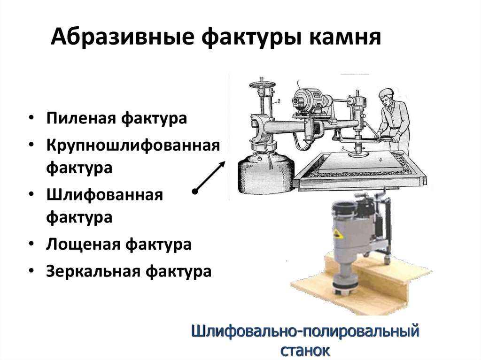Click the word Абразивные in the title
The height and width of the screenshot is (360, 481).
click(123, 37)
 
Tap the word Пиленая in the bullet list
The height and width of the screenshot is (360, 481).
click(81, 118)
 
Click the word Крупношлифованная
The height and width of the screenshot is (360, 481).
click(133, 146)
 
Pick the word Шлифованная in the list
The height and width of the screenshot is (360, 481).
click(105, 195)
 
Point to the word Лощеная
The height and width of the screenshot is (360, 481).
click(83, 245)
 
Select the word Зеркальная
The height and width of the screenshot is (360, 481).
click(93, 271)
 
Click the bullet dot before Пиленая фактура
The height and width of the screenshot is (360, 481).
click(31, 118)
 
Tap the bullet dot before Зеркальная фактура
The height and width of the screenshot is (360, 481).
click(31, 271)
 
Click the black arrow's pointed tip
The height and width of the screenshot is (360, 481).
click(225, 161)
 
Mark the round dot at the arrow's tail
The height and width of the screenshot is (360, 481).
click(195, 191)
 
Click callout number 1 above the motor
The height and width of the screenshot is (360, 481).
click(297, 82)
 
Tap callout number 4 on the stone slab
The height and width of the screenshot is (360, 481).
click(380, 160)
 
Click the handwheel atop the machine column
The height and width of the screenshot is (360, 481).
click(262, 84)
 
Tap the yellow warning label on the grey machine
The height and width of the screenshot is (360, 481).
click(338, 234)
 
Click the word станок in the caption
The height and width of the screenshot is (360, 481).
click(305, 350)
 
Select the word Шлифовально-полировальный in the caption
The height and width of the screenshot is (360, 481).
click(305, 331)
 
